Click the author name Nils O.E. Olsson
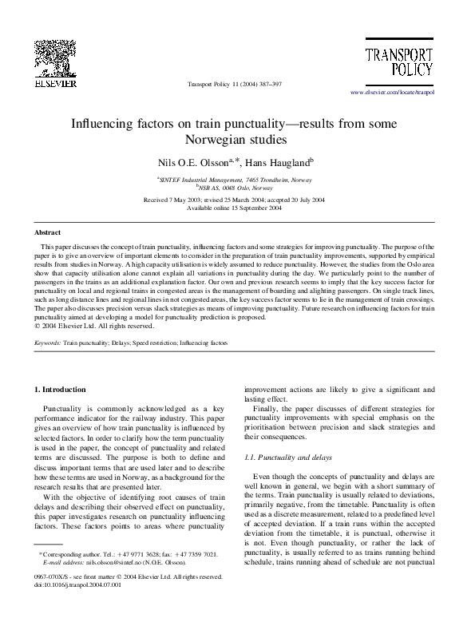[x=195, y=162]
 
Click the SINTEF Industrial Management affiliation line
[x=234, y=180]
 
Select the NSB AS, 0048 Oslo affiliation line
[x=236, y=188]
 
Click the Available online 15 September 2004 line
[x=234, y=207]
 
